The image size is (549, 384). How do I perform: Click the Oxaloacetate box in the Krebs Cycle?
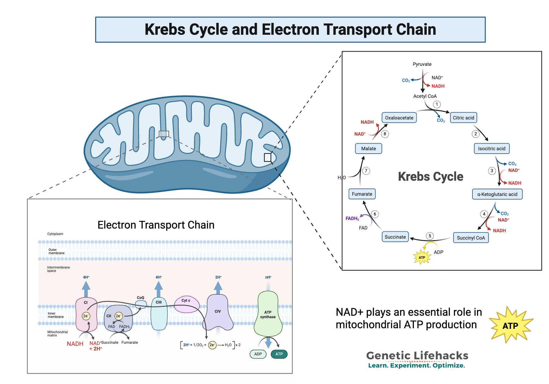(x=399, y=118)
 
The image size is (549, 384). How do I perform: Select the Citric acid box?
(x=463, y=118)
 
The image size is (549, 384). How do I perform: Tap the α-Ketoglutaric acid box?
(x=497, y=194)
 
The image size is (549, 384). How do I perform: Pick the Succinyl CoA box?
(x=471, y=238)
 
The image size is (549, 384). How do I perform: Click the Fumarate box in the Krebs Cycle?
(x=362, y=194)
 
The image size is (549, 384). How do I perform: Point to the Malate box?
(x=368, y=148)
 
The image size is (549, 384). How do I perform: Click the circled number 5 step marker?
(x=430, y=236)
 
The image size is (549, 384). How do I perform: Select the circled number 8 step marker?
(x=385, y=134)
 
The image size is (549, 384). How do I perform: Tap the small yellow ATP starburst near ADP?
(x=422, y=257)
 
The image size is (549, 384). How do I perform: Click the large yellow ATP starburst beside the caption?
(x=510, y=325)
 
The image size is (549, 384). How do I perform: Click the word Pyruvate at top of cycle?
(x=422, y=64)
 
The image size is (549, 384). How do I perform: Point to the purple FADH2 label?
(x=352, y=219)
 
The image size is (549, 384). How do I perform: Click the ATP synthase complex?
(x=268, y=314)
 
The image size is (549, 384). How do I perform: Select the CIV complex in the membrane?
(x=217, y=311)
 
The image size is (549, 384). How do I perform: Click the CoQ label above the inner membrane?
(x=140, y=298)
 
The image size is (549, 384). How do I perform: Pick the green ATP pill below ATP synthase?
(x=279, y=354)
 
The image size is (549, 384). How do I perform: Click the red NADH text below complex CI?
(x=75, y=344)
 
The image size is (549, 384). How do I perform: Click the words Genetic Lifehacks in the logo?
(x=417, y=355)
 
